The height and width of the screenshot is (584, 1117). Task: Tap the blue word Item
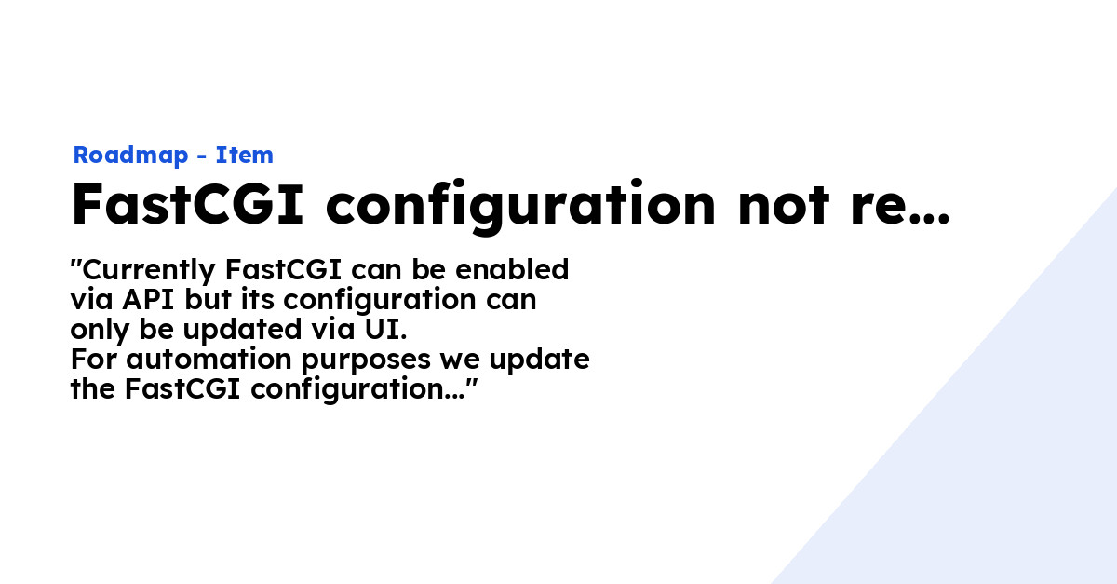point(244,156)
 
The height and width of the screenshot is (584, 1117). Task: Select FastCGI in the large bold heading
point(187,205)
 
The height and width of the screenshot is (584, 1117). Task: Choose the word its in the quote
point(255,300)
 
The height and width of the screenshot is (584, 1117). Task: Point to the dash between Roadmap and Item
point(202,156)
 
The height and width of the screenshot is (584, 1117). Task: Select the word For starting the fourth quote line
point(92,360)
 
